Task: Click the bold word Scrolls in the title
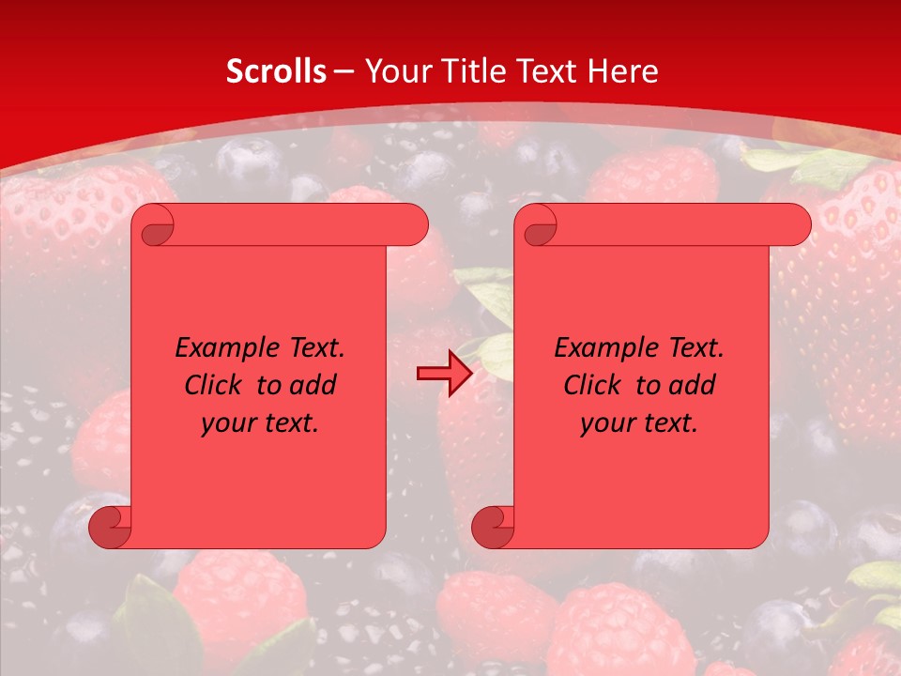point(276,71)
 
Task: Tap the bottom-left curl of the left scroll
point(110,527)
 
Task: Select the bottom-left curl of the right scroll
point(493,527)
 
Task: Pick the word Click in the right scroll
point(592,386)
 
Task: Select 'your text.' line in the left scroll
point(260,423)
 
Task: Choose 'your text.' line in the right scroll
point(639,423)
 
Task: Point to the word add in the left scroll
point(313,386)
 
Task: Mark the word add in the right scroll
point(692,386)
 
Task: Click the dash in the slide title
point(344,71)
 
